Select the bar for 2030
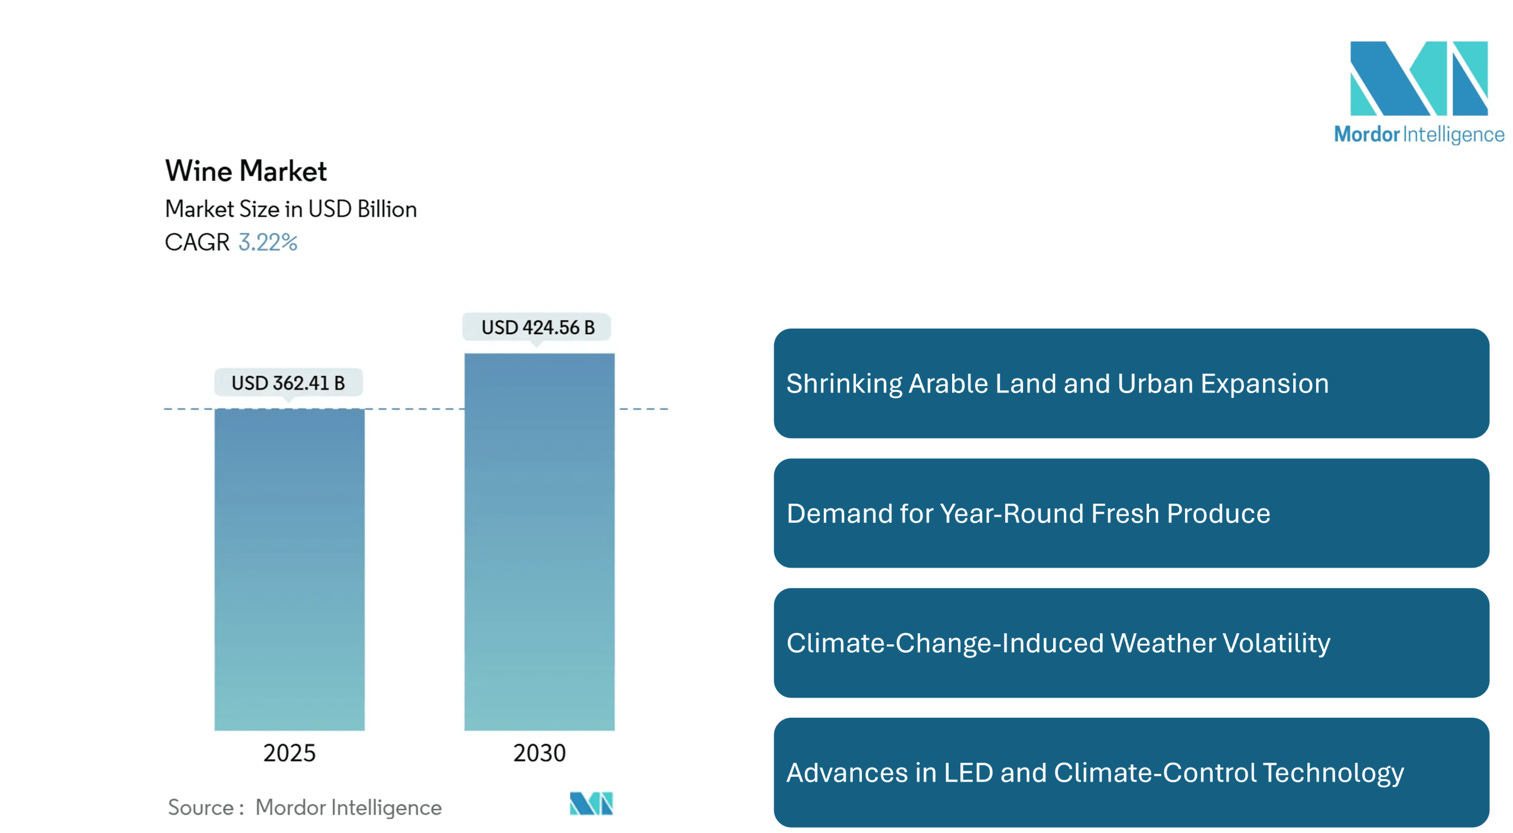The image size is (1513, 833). (x=539, y=541)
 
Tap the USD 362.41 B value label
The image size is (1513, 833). (x=288, y=383)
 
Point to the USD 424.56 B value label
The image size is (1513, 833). (x=537, y=327)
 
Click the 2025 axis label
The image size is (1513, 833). (x=289, y=753)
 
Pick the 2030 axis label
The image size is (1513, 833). (x=539, y=753)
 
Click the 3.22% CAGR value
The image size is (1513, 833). (x=268, y=242)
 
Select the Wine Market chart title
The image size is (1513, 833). (x=246, y=171)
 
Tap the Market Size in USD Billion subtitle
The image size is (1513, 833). (x=291, y=209)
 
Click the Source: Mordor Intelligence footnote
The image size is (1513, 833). (x=305, y=808)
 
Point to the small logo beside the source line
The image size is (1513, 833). (x=591, y=804)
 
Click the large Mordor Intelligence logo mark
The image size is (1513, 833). (x=1418, y=78)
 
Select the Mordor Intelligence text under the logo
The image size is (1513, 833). (x=1418, y=135)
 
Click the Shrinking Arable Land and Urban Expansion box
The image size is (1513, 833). (x=1131, y=384)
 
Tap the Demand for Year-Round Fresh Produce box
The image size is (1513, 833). (x=1131, y=513)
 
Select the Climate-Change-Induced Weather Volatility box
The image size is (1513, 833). (x=1131, y=643)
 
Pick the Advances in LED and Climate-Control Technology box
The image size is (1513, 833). (x=1131, y=773)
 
